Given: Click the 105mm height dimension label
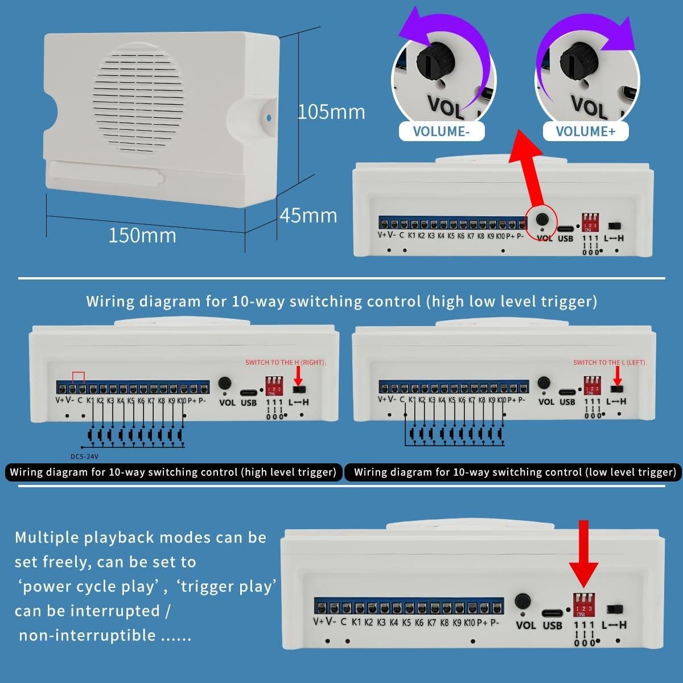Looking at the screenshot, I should pyautogui.click(x=331, y=112).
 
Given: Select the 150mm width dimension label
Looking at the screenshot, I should pyautogui.click(x=142, y=235).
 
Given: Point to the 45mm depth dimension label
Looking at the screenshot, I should pyautogui.click(x=308, y=216).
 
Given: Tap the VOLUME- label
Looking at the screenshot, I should pyautogui.click(x=441, y=131).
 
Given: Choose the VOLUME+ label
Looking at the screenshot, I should pyautogui.click(x=585, y=131).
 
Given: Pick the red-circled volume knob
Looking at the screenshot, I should pyautogui.click(x=544, y=219).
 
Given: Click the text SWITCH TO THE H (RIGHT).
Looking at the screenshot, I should pyautogui.click(x=286, y=363).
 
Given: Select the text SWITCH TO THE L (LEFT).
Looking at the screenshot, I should pyautogui.click(x=610, y=363).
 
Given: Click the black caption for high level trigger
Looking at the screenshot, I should pyautogui.click(x=173, y=472).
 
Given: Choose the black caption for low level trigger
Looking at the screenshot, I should pyautogui.click(x=515, y=472).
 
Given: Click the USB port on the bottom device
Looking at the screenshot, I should pyautogui.click(x=552, y=612).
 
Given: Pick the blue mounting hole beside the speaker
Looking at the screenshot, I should pyautogui.click(x=269, y=119).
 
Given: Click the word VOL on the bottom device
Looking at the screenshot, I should pyautogui.click(x=526, y=625).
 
